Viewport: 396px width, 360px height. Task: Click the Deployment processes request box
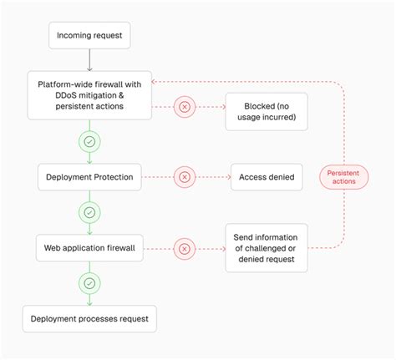(x=89, y=319)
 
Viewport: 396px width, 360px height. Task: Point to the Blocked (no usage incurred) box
(x=266, y=113)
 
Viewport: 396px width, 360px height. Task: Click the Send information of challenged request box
(x=266, y=247)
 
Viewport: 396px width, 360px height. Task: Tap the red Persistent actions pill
(x=343, y=176)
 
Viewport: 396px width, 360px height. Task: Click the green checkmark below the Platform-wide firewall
(x=89, y=142)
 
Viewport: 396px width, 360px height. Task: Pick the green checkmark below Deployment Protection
(x=89, y=212)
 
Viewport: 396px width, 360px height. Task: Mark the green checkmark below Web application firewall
(x=89, y=283)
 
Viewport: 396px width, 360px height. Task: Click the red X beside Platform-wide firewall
(x=184, y=106)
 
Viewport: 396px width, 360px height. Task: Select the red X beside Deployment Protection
(x=184, y=176)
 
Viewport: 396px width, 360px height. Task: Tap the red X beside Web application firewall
(x=184, y=247)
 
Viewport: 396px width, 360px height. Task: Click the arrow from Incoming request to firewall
(x=89, y=60)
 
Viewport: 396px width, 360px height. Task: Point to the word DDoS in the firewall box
(x=66, y=94)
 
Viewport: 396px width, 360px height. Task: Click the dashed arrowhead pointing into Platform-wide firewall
(x=156, y=82)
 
